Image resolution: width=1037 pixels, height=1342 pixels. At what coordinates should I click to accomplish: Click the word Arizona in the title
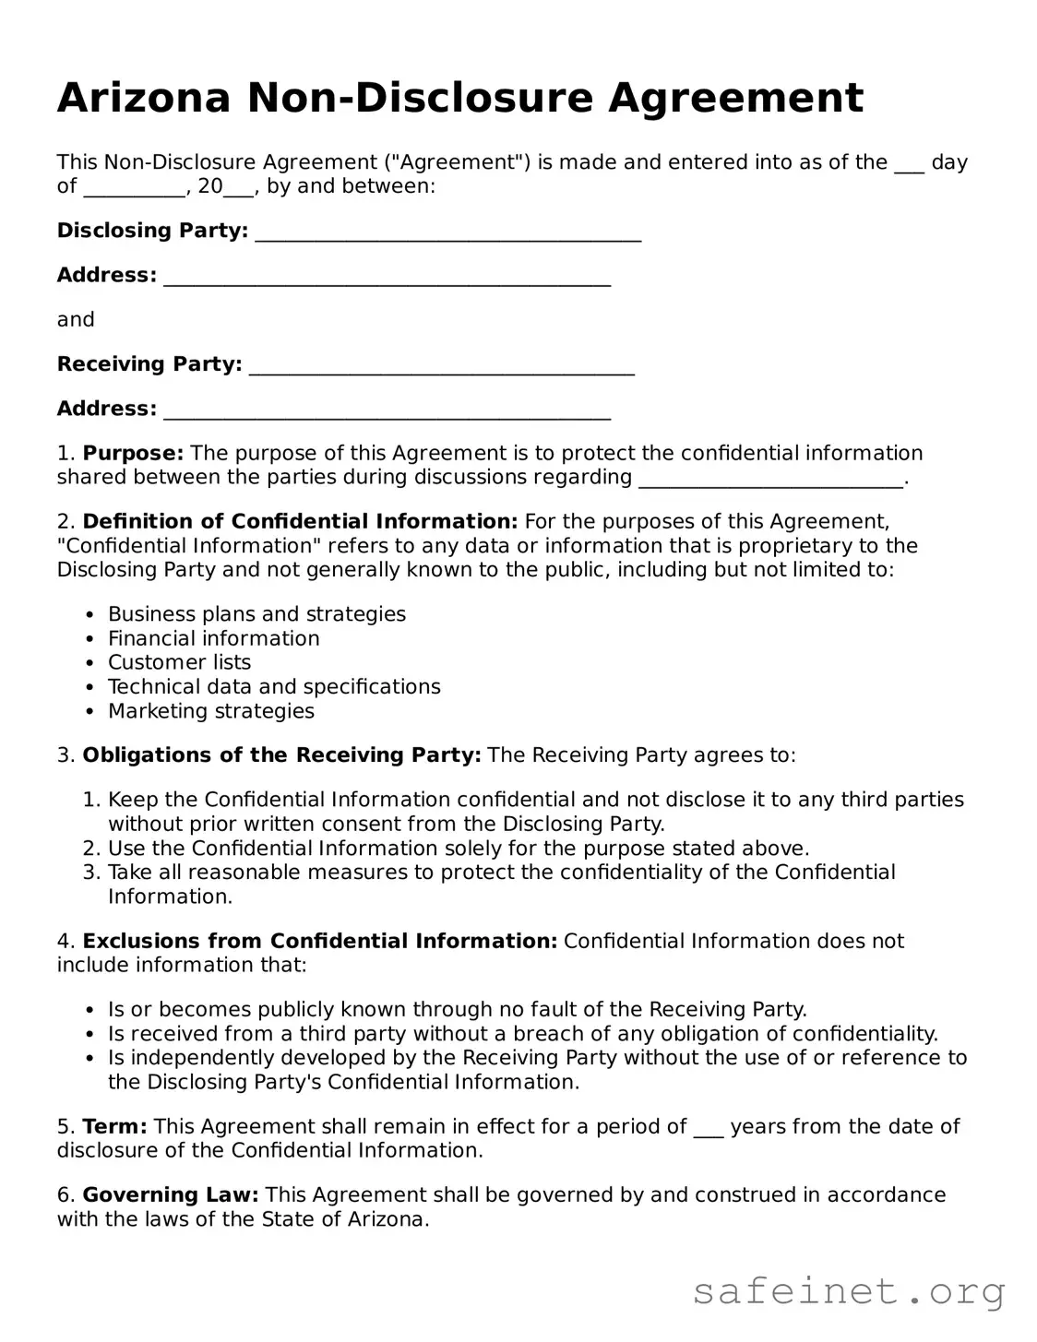pos(143,98)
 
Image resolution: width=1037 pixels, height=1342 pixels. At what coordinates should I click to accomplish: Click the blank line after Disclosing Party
pos(447,232)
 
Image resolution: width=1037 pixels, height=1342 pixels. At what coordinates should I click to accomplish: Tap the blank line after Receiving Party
pos(442,366)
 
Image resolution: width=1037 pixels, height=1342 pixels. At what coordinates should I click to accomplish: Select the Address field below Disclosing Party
pos(387,277)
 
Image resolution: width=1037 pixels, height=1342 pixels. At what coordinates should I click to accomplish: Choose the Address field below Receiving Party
pos(387,410)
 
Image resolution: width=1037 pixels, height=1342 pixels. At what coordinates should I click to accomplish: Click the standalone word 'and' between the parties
pos(76,319)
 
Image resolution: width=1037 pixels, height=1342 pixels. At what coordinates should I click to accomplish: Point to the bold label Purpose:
pos(133,453)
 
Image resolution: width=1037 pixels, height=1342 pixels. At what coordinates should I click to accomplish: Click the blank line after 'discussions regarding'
pos(770,479)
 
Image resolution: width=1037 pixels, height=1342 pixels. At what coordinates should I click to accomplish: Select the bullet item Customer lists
pos(179,662)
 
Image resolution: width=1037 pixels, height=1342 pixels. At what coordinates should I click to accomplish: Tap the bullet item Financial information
pos(213,638)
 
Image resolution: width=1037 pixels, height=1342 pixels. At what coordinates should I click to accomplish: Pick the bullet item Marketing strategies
pos(210,711)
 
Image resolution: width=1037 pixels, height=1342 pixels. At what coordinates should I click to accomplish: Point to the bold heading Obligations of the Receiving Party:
pos(281,755)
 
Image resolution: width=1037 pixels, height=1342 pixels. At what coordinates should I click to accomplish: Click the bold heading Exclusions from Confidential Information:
pos(319,941)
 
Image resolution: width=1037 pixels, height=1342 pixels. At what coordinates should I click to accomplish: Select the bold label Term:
pos(114,1126)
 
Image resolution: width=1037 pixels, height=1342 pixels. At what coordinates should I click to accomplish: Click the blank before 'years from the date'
pos(708,1128)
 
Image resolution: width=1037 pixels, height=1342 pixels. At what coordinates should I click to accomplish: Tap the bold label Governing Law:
pos(171,1194)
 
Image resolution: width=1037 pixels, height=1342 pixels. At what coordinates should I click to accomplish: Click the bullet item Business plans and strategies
pos(256,614)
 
